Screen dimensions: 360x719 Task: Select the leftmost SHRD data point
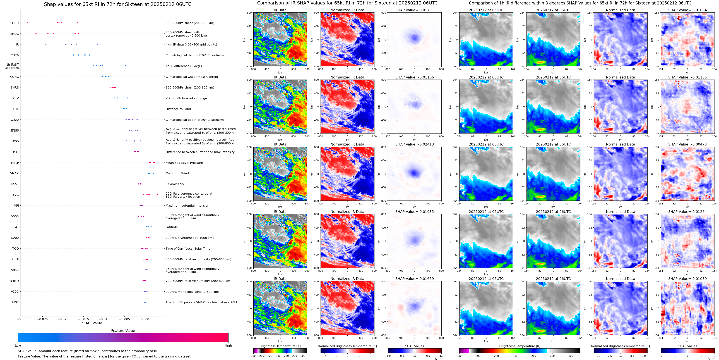pyautogui.click(x=27, y=23)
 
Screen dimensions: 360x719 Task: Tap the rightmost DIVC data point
pyautogui.click(x=157, y=195)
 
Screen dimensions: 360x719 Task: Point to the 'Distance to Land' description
pyautogui.click(x=178, y=109)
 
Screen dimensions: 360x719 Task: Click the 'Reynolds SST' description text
pyautogui.click(x=175, y=184)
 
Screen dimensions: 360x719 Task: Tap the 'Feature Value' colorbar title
pyautogui.click(x=123, y=331)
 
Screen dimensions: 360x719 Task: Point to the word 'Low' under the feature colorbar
pyautogui.click(x=18, y=345)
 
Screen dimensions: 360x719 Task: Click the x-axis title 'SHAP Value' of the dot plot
pyautogui.click(x=92, y=323)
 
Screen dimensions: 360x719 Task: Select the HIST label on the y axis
pyautogui.click(x=15, y=302)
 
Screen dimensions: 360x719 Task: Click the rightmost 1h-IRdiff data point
pyautogui.click(x=125, y=66)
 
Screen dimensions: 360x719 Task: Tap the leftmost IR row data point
pyautogui.click(x=46, y=44)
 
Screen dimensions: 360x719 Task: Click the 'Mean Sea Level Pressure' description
pyautogui.click(x=184, y=163)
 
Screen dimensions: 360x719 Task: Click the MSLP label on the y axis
pyautogui.click(x=15, y=163)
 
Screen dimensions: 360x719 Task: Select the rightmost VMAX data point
pyautogui.click(x=153, y=173)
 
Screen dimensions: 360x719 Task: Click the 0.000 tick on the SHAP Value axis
pyautogui.click(x=145, y=319)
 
